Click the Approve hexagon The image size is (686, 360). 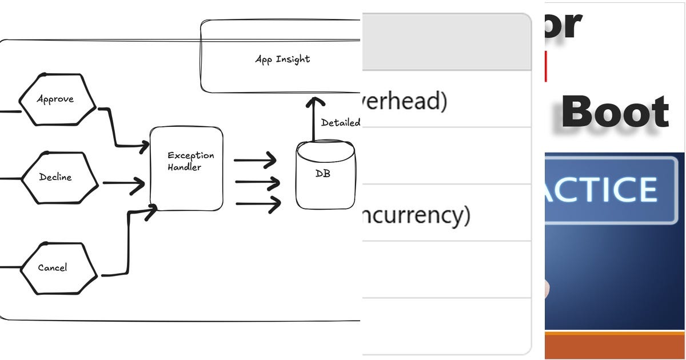55,99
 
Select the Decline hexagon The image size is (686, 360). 55,177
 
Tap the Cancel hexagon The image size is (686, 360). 53,268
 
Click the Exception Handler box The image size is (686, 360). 186,169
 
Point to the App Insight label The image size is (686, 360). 282,59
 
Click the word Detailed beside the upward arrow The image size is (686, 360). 341,122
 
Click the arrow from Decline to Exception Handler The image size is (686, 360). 122,184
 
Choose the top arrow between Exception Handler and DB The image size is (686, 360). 255,161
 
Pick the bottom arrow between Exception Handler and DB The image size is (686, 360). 257,203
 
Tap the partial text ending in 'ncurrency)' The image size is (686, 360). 416,215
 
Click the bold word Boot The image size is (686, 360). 615,113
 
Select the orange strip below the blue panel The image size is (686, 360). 615,345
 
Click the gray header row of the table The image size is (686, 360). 446,42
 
